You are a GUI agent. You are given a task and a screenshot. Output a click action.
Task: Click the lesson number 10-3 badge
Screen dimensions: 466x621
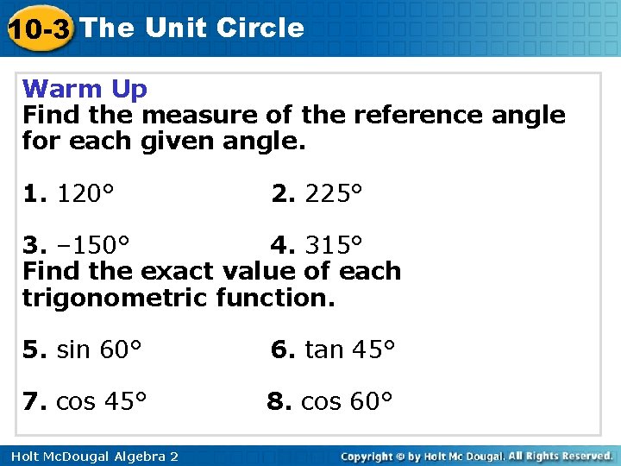38,29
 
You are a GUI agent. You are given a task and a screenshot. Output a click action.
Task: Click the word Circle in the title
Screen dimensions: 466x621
260,28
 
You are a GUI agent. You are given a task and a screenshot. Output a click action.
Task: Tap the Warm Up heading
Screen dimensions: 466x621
85,88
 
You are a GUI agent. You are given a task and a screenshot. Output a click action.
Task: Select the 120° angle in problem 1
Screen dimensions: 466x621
85,194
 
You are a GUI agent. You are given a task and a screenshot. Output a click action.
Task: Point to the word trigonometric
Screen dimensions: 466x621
116,298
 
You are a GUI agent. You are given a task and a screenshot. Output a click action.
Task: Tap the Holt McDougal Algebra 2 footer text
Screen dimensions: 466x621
91,455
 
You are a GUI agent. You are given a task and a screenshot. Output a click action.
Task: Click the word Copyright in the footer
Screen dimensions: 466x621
368,455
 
